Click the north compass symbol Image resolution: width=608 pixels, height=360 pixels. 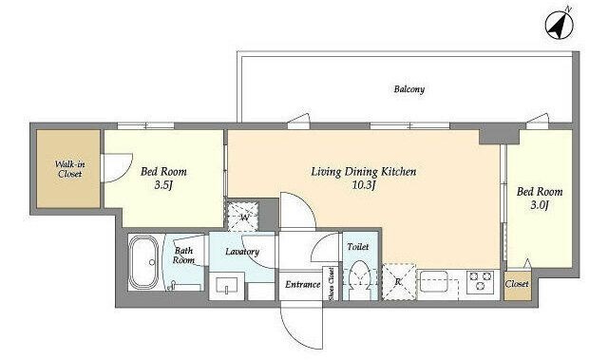pos(560,25)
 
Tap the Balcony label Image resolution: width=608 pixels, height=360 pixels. pos(409,89)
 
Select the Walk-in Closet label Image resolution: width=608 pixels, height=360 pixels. pos(69,169)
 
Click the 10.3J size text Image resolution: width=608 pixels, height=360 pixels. pos(364,185)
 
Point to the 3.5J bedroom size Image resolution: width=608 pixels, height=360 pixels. pos(163,185)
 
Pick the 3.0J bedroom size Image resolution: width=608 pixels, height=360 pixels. pos(540,205)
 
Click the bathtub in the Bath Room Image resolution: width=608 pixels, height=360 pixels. pos(142,262)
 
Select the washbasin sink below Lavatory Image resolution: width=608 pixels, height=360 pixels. pos(226,285)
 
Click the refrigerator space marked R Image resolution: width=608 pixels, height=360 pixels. pos(399,282)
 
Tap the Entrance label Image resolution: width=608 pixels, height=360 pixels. pos(302,285)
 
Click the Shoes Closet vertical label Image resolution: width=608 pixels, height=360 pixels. pos(331,284)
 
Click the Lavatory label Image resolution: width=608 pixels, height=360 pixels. pos(242,252)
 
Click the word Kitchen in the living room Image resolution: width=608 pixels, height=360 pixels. pos(398,171)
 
